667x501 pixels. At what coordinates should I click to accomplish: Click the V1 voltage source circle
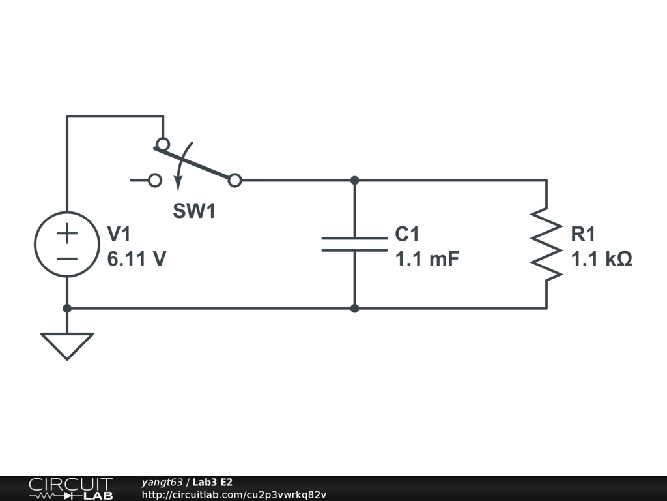pos(66,244)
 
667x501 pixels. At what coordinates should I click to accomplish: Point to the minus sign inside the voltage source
pos(66,258)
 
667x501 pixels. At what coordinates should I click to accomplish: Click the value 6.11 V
pos(137,259)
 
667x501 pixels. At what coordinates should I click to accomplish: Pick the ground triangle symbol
pos(66,344)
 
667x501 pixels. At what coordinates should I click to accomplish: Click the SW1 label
pos(194,211)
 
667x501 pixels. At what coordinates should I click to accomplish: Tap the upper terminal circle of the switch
pos(163,144)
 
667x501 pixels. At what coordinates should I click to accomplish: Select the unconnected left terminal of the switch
pos(155,180)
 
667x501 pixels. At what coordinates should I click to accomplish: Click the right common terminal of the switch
pos(235,180)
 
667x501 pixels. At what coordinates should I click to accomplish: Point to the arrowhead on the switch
pos(177,185)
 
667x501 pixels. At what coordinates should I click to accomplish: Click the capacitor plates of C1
pos(354,244)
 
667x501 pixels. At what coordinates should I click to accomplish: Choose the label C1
pos(408,234)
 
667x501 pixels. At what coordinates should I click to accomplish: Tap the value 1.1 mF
pos(427,259)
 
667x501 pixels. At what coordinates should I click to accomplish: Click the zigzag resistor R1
pos(546,244)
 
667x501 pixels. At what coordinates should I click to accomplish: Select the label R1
pos(583,234)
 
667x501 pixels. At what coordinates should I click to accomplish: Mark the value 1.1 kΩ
pos(601,259)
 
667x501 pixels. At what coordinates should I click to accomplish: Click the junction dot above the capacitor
pos(354,180)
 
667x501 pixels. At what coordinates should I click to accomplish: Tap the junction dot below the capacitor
pos(354,308)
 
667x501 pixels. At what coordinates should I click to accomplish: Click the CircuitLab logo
pos(70,489)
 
